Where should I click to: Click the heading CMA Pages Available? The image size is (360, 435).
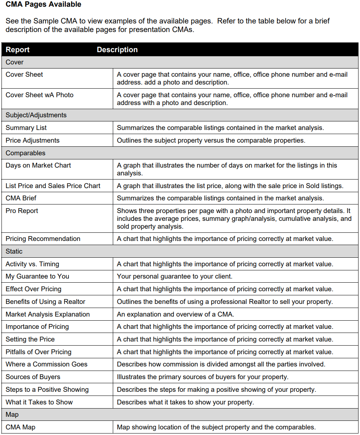tap(44, 5)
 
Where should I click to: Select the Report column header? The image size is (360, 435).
tap(17, 50)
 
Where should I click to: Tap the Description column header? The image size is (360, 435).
tap(117, 50)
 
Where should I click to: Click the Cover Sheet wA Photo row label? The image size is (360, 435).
tap(39, 95)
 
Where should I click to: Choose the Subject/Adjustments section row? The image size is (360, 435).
tap(36, 115)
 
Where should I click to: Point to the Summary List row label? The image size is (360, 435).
tap(26, 128)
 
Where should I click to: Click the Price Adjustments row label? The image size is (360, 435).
tap(32, 140)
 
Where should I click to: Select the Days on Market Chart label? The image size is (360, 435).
tap(38, 165)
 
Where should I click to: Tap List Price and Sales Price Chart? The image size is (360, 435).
tap(53, 185)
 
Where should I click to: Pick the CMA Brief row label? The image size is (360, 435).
tap(21, 198)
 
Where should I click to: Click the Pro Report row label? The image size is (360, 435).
tap(22, 211)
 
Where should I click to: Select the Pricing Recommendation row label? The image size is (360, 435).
tap(43, 239)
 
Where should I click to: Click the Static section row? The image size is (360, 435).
tap(14, 251)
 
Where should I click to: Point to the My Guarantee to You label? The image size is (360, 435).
tap(37, 276)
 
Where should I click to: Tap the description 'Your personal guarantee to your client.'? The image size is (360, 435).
tap(175, 276)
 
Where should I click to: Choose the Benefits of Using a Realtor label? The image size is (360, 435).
tap(45, 302)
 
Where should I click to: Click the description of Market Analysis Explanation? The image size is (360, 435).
tap(175, 314)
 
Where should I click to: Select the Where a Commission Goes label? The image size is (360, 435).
tap(47, 364)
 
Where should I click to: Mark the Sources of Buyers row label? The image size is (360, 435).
tap(33, 377)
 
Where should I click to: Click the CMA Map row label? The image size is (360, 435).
tap(20, 427)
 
